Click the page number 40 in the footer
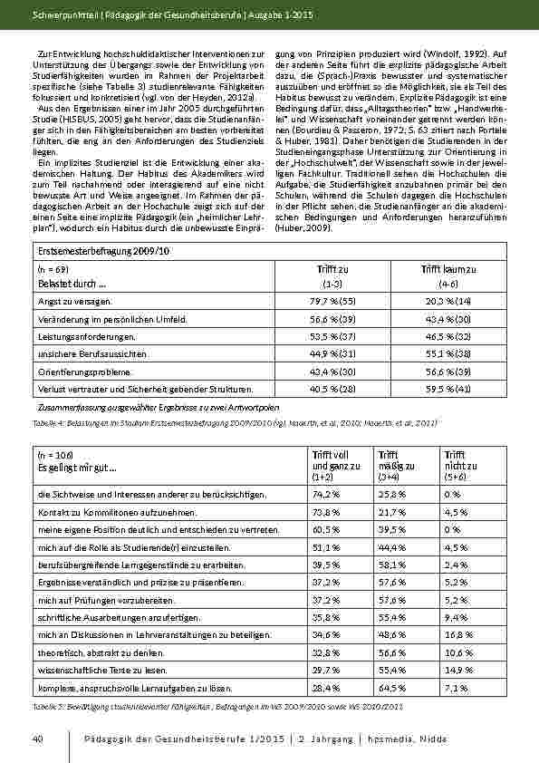click(37, 739)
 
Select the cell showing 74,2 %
click(326, 495)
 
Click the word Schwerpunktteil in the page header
click(62, 15)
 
